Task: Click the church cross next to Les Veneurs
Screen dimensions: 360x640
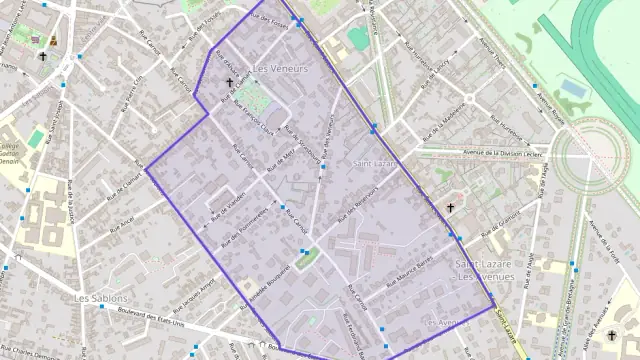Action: click(229, 84)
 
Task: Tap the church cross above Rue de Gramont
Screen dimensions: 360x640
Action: click(451, 208)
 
